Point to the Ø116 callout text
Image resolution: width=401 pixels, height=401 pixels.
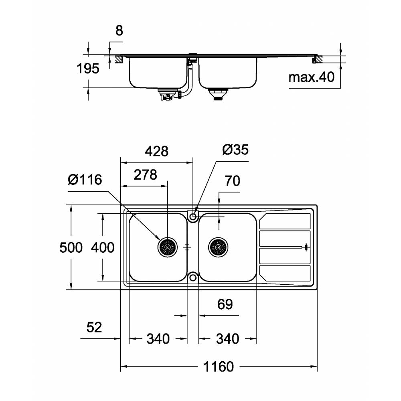pos(85,180)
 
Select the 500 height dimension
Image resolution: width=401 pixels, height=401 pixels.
pos(71,247)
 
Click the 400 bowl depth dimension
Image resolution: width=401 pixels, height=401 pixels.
pos(103,247)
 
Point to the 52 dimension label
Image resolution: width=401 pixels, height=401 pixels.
pos(94,328)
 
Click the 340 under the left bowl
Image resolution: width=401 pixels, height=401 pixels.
pos(158,339)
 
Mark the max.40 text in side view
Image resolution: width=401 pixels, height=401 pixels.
pos(312,77)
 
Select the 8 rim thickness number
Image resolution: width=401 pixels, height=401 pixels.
pos(119,31)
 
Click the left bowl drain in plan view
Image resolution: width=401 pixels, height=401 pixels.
pos(167,247)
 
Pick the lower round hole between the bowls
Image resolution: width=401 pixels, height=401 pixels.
pos(193,277)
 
